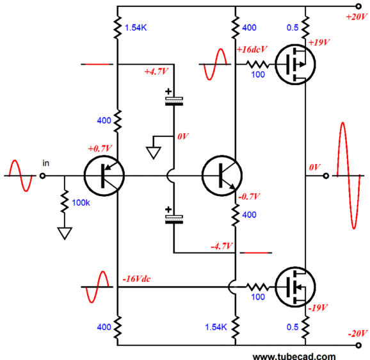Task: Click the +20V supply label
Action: [x=357, y=17]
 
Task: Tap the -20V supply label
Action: [x=357, y=334]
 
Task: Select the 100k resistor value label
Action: [x=81, y=203]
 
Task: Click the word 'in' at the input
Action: [x=46, y=163]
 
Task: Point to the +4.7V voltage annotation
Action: [x=156, y=71]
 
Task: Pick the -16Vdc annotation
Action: [x=136, y=279]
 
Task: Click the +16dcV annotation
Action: [x=252, y=49]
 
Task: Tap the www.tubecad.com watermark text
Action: [x=294, y=356]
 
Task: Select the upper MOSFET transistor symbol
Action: [x=295, y=64]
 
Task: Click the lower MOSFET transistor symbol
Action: [x=295, y=287]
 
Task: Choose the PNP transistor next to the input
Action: [x=104, y=176]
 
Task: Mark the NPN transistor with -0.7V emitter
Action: [x=222, y=176]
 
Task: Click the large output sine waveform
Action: [x=348, y=176]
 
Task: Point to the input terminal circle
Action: [x=42, y=176]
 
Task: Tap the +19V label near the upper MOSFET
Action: [x=319, y=42]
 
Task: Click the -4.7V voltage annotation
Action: [x=221, y=247]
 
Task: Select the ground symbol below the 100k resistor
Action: [x=65, y=233]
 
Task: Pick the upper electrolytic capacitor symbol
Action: [x=174, y=97]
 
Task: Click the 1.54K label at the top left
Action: [x=136, y=28]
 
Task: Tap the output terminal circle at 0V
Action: [x=326, y=176]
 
